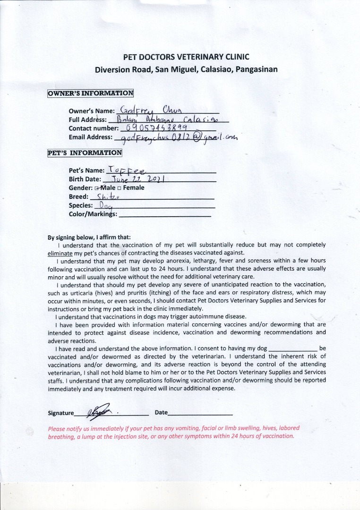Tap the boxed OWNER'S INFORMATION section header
90,93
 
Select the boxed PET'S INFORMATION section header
85,153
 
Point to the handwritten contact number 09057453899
155,127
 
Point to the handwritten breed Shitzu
107,196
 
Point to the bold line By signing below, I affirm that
89,237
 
